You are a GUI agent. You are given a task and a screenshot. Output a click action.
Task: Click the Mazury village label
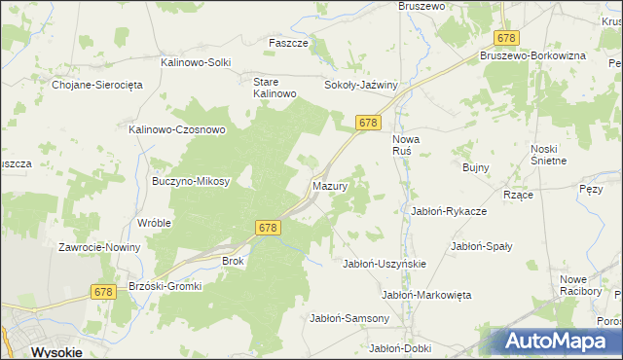tap(330, 185)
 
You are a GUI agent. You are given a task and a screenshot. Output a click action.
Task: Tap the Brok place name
tap(234, 261)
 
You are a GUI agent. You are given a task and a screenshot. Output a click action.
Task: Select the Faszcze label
tap(288, 44)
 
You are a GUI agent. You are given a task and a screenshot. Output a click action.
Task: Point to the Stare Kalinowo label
tap(274, 88)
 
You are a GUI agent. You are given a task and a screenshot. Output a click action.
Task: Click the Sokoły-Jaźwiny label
tap(361, 86)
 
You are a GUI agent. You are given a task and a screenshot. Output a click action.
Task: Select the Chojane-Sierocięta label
tap(97, 85)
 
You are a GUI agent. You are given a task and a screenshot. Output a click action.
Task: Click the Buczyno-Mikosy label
tap(190, 181)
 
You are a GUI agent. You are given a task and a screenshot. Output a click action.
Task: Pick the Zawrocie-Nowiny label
tap(99, 247)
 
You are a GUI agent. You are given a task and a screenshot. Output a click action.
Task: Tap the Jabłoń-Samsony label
tap(349, 318)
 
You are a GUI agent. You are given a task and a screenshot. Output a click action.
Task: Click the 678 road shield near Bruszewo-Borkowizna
tap(505, 38)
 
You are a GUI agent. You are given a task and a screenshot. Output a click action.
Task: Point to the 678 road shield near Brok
tap(270, 227)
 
